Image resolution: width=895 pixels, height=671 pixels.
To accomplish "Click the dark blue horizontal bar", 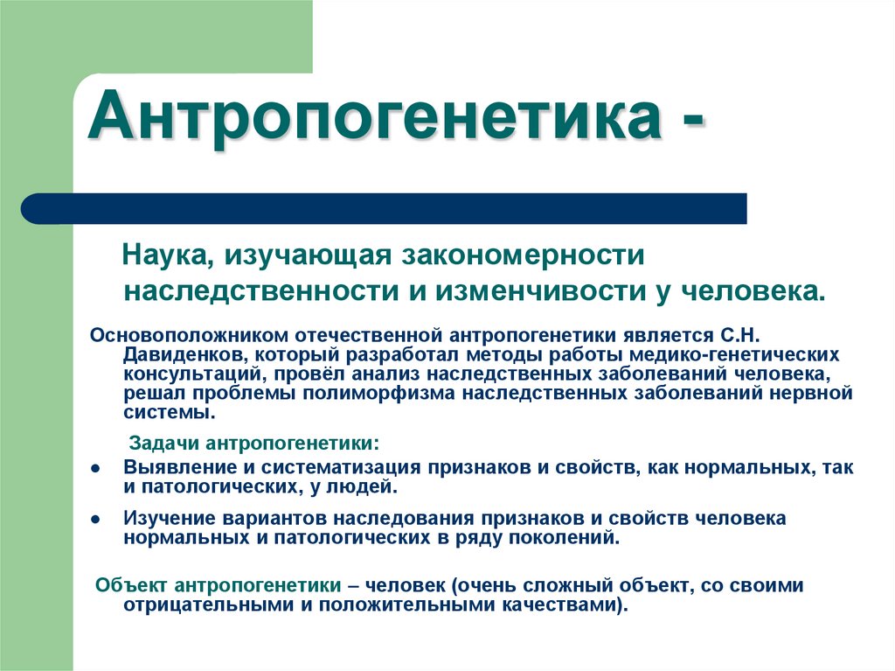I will [385, 208].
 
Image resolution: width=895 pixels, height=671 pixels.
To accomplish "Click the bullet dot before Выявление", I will [94, 467].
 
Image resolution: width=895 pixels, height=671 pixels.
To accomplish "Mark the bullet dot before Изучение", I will [94, 518].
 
